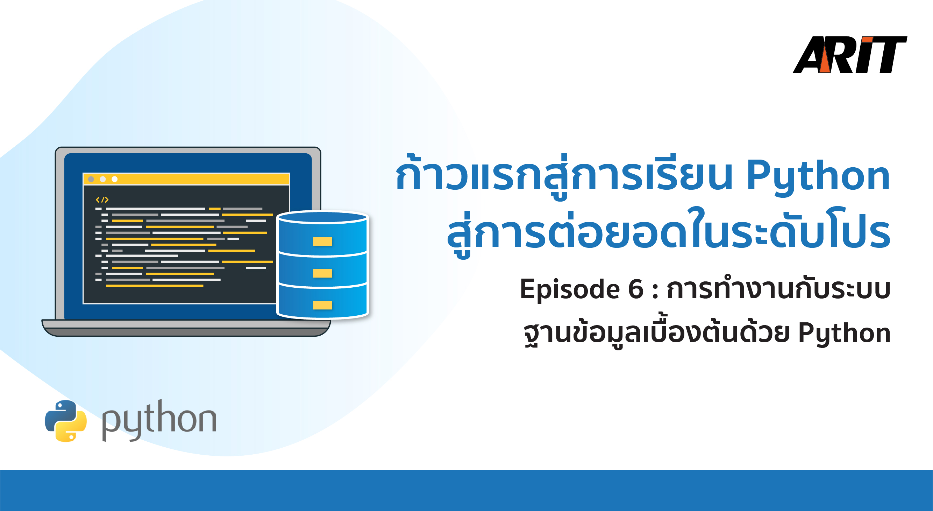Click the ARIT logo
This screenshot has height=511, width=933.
[850, 55]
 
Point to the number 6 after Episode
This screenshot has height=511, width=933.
[636, 289]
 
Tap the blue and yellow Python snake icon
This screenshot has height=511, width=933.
[65, 421]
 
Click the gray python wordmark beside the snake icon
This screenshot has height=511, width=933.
[159, 420]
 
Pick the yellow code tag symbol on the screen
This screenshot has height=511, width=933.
[102, 200]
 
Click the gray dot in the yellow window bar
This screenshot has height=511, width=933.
[91, 179]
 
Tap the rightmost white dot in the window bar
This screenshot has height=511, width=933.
[114, 179]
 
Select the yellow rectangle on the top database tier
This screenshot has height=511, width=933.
[322, 241]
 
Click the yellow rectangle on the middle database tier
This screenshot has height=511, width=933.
[322, 273]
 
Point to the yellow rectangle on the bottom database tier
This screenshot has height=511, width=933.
[322, 305]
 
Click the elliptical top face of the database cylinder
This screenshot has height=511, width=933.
[322, 217]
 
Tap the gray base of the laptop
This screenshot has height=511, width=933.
[186, 328]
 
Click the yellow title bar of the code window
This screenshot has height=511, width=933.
[186, 179]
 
